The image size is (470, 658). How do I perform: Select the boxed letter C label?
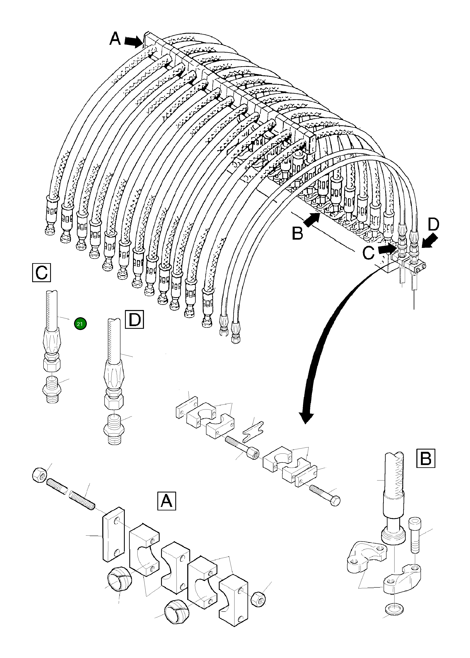41,272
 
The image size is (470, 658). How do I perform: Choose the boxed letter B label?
425,458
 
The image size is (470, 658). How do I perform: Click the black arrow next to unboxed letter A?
132,42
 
